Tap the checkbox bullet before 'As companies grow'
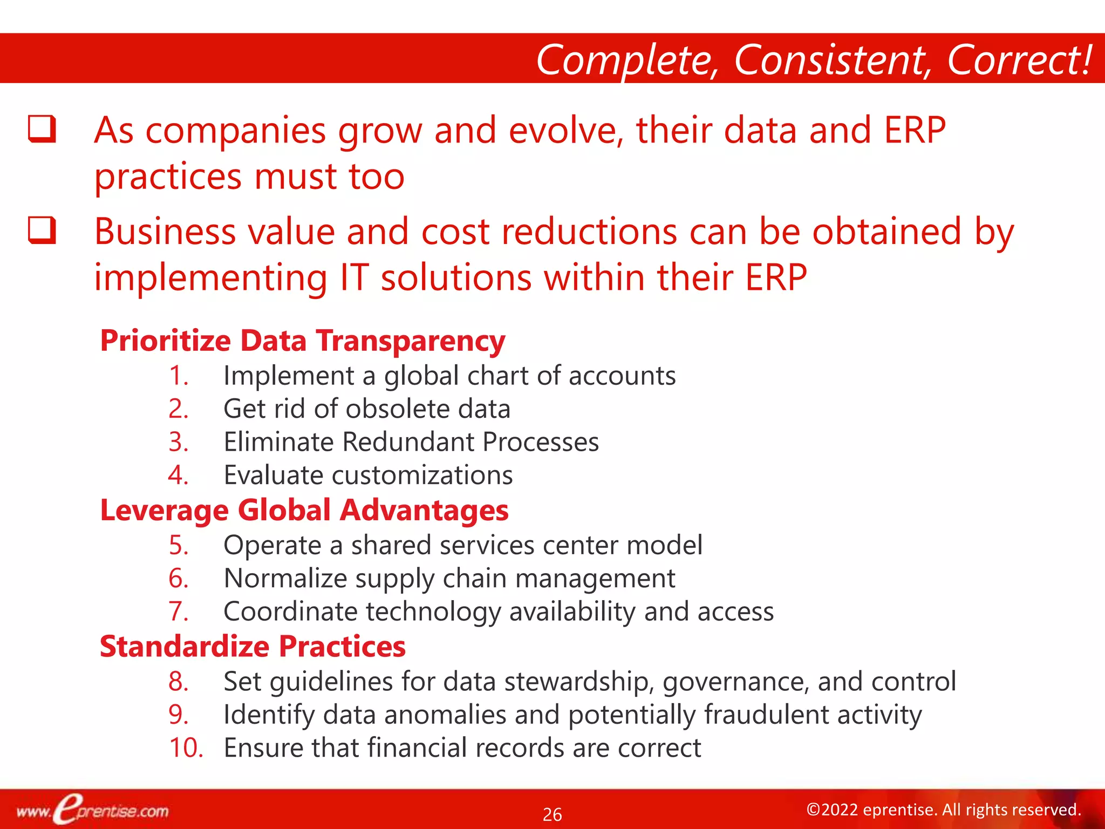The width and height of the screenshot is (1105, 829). (42, 130)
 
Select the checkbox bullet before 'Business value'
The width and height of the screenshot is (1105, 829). (42, 230)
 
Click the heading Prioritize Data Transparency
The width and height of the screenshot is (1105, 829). (303, 341)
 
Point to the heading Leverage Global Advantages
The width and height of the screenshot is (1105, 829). (304, 511)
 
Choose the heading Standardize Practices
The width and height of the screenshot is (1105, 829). (253, 647)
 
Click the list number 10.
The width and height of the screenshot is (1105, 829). (186, 748)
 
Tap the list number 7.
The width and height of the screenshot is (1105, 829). (179, 611)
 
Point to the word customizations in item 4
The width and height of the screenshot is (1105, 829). (422, 475)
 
